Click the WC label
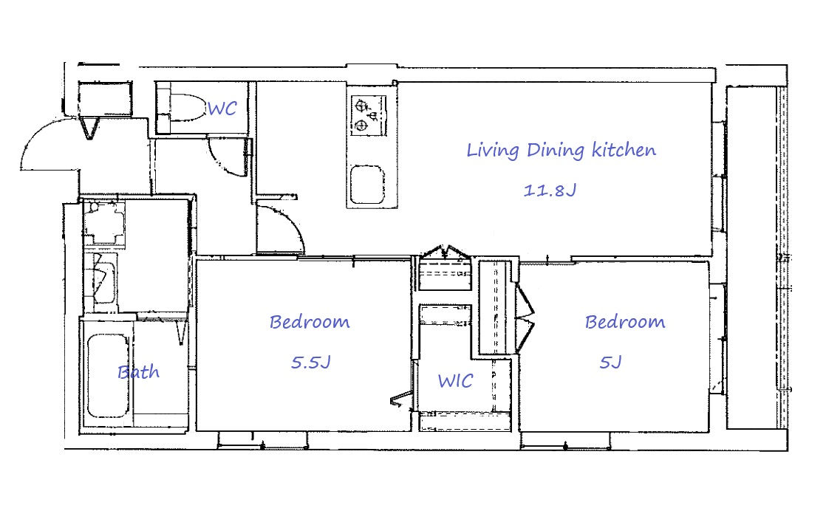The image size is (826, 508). coord(222,109)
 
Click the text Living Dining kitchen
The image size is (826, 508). coord(562,151)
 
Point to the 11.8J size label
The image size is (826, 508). coord(550,190)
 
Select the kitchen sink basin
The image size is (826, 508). coord(367,185)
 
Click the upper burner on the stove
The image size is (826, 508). coord(362,106)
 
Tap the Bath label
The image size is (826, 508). coord(139,371)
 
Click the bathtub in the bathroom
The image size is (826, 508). coord(108,376)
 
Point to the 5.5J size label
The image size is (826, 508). coord(311,363)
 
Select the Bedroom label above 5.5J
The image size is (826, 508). coord(310,322)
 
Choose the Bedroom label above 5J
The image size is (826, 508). coord(625,322)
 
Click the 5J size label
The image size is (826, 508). coord(610,363)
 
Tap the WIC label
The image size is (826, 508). coord(455,380)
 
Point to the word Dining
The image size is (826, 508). coord(556,151)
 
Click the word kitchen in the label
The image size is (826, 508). coord(624,150)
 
